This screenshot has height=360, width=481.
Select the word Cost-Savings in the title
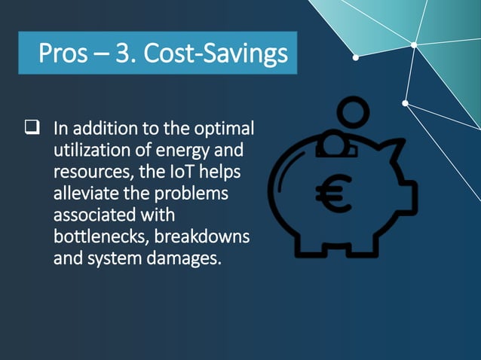coord(215,53)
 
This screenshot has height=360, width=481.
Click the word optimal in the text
coord(225,128)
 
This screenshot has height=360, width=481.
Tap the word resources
coord(86,172)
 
